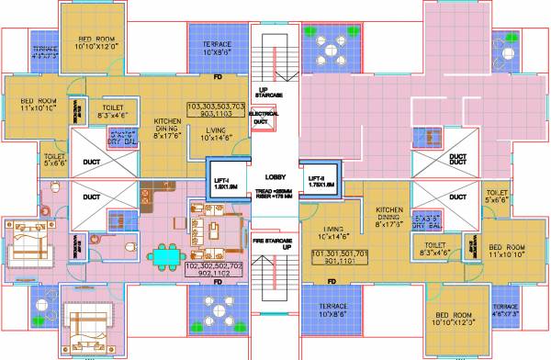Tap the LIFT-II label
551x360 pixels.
[319, 181]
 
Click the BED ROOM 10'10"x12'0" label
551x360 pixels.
[90, 40]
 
